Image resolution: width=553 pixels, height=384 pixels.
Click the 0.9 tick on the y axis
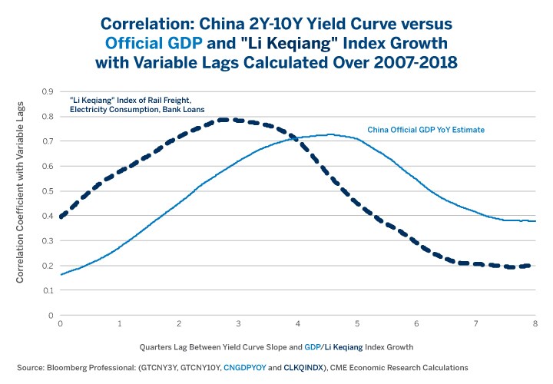pyautogui.click(x=48, y=91)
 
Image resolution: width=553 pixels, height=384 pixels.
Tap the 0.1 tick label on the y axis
pyautogui.click(x=48, y=290)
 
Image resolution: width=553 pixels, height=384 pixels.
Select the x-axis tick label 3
pyautogui.click(x=239, y=325)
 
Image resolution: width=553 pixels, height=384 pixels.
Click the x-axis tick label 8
pyautogui.click(x=535, y=325)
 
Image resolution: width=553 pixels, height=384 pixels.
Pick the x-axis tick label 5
pyautogui.click(x=358, y=325)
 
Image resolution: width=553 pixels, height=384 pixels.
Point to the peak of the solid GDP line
pyautogui.click(x=330, y=134)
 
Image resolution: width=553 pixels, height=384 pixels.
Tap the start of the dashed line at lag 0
pyautogui.click(x=61, y=217)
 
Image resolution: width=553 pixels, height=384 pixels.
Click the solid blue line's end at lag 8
pyautogui.click(x=535, y=221)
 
